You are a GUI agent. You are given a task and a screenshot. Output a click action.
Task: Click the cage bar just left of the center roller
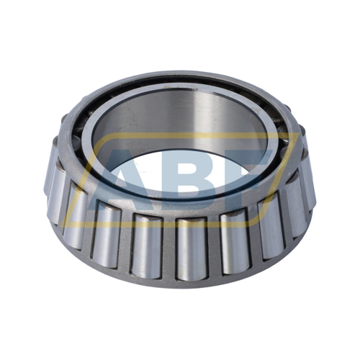(168, 248)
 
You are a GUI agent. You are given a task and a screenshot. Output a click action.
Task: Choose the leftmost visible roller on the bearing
(55, 180)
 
